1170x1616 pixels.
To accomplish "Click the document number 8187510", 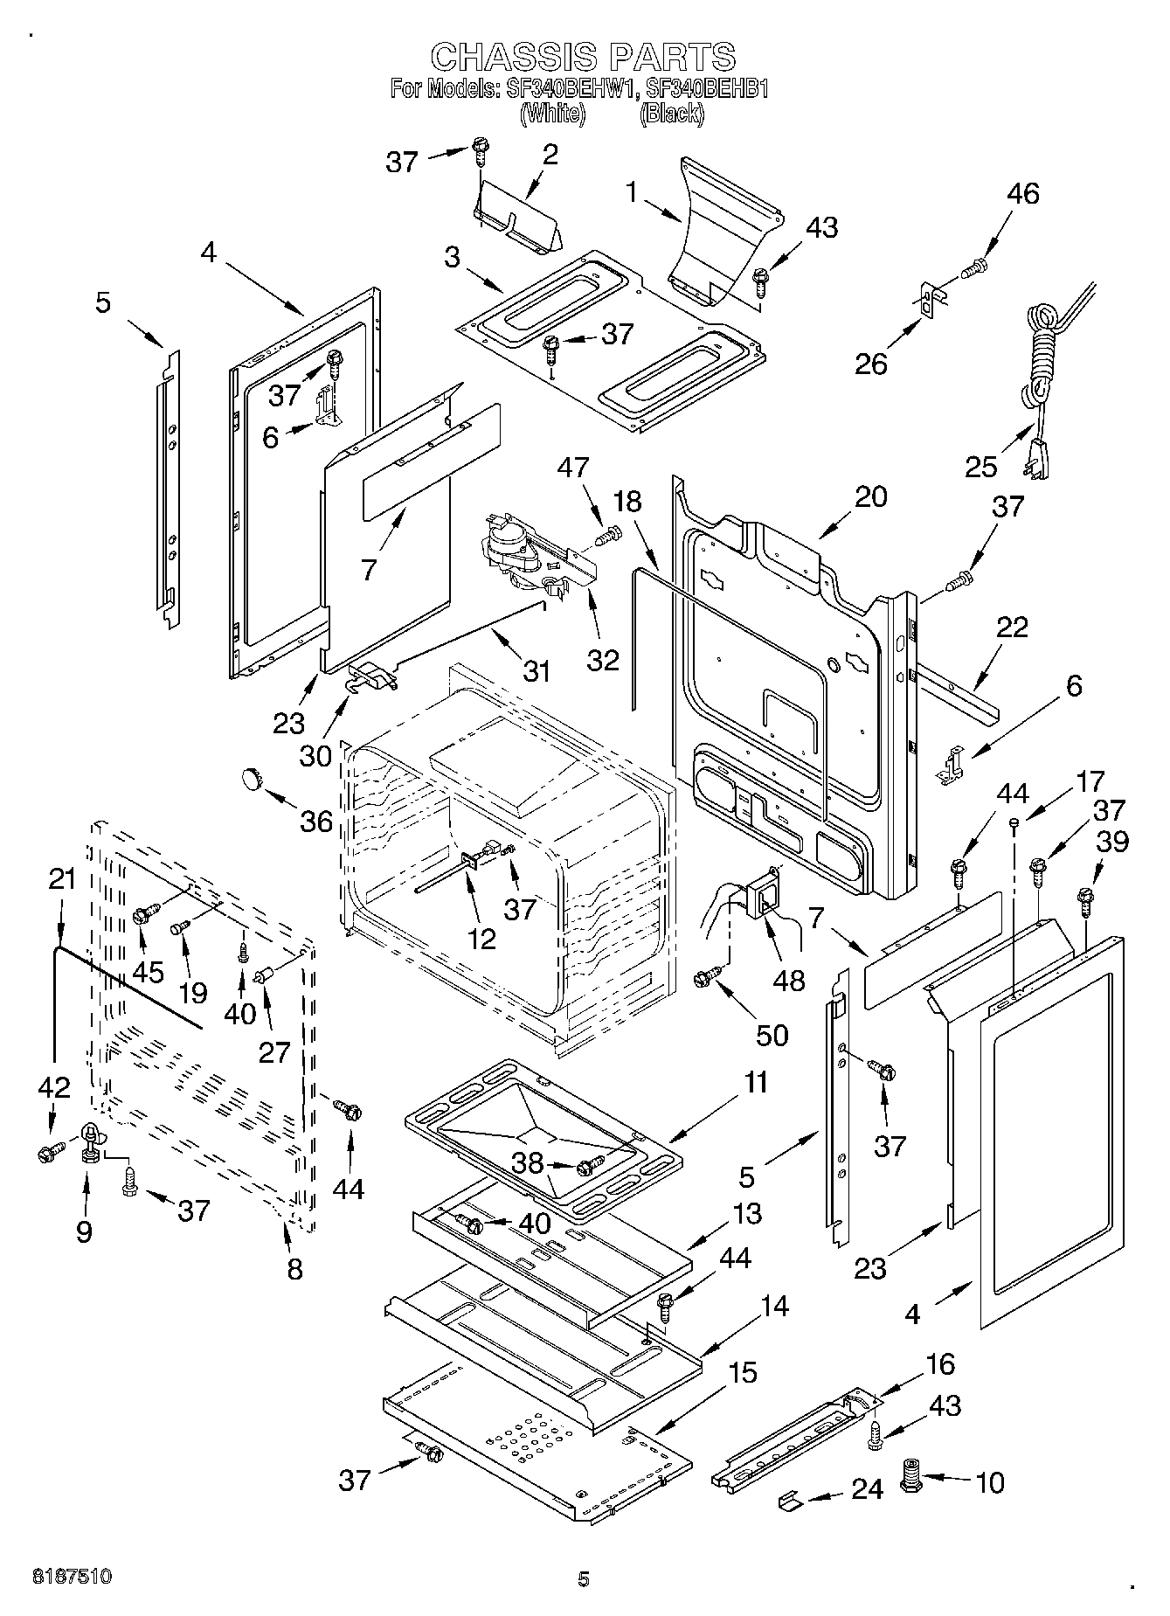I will point(73,1578).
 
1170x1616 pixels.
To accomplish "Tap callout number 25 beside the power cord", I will point(981,467).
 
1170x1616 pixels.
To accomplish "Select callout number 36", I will point(316,821).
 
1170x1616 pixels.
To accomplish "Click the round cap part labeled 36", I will point(253,776).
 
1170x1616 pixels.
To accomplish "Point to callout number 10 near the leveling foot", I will point(990,1482).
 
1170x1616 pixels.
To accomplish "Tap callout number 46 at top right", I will point(1023,193).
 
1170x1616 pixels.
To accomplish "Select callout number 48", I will point(789,980).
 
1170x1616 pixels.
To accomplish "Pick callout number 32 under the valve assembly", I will point(603,660).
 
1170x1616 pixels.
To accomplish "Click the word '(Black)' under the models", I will point(671,113).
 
